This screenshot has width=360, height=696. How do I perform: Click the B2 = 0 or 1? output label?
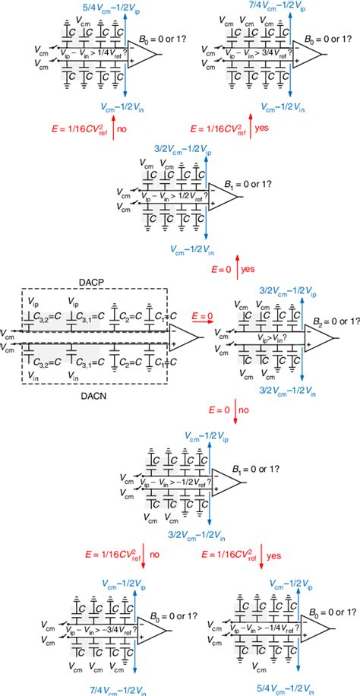coord(329,321)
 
